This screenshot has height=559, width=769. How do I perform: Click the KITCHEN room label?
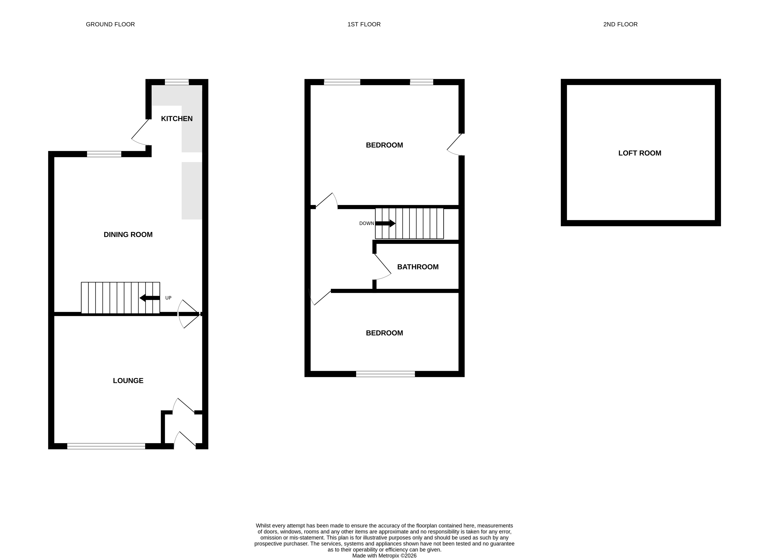pos(177,118)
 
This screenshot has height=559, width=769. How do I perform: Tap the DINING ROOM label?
pos(128,234)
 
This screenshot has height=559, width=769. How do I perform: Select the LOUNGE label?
pos(128,380)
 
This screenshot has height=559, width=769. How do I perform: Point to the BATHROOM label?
pos(418,267)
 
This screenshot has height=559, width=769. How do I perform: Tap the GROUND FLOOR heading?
pos(111,24)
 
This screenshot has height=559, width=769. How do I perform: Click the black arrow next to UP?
pos(150,298)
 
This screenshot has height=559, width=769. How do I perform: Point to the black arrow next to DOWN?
pos(385,223)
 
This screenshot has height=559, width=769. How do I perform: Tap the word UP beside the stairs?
pos(168,298)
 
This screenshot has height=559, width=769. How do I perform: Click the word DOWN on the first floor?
pos(367,223)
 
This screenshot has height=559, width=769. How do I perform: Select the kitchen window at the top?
pos(177,82)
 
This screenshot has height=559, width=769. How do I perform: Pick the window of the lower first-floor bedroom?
pos(385,374)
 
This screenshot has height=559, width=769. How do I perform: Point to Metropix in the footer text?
pos(389,556)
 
